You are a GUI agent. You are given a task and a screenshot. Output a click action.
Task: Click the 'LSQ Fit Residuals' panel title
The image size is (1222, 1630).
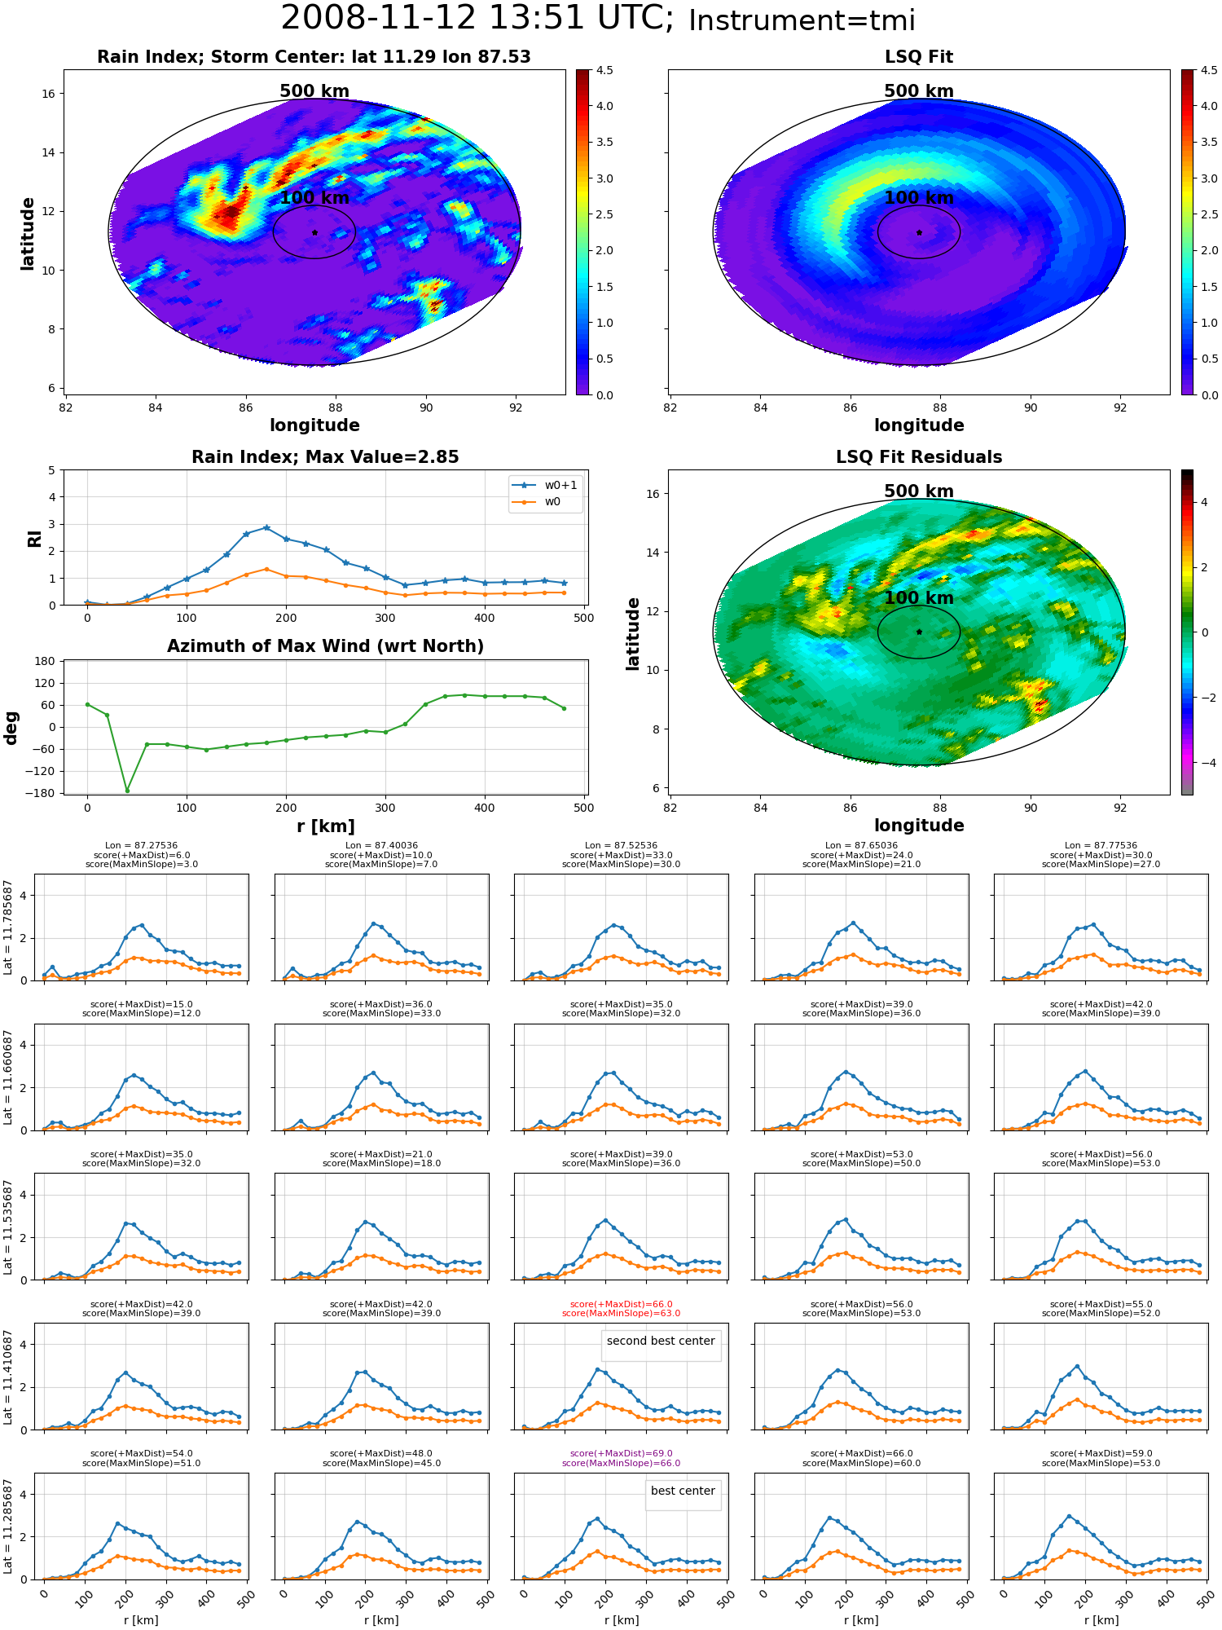(x=919, y=457)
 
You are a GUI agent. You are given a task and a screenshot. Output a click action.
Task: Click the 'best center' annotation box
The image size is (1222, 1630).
(x=683, y=1491)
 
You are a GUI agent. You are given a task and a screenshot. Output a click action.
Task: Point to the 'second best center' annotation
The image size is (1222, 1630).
(x=661, y=1341)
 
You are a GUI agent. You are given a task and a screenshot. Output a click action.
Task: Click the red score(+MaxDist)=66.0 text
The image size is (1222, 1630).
(x=621, y=1304)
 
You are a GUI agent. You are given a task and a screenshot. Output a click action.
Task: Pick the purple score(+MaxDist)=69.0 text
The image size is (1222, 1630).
(x=621, y=1453)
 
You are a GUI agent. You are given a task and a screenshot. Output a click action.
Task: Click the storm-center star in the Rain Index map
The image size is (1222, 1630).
(x=314, y=232)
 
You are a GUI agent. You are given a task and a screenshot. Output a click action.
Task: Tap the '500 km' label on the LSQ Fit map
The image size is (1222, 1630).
(x=919, y=91)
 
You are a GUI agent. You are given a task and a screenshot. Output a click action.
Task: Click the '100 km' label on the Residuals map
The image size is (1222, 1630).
(x=919, y=598)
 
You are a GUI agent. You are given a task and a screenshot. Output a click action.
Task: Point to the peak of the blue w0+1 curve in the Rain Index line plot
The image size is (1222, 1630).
(x=266, y=527)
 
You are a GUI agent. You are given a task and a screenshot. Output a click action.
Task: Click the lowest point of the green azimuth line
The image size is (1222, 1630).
(x=127, y=791)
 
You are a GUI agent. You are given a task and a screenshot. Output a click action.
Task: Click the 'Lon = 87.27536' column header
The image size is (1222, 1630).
(x=142, y=846)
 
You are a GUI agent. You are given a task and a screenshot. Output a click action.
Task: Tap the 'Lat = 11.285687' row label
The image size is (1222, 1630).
(x=8, y=1527)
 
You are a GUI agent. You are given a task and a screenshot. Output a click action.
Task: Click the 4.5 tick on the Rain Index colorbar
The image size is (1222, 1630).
(x=604, y=70)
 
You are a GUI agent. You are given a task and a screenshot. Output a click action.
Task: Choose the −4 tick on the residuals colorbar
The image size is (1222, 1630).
(x=1204, y=763)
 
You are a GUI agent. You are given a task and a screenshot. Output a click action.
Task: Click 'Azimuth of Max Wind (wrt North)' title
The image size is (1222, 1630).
(x=326, y=646)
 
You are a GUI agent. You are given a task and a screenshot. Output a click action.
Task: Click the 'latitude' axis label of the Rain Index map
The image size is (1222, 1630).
(x=28, y=233)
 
